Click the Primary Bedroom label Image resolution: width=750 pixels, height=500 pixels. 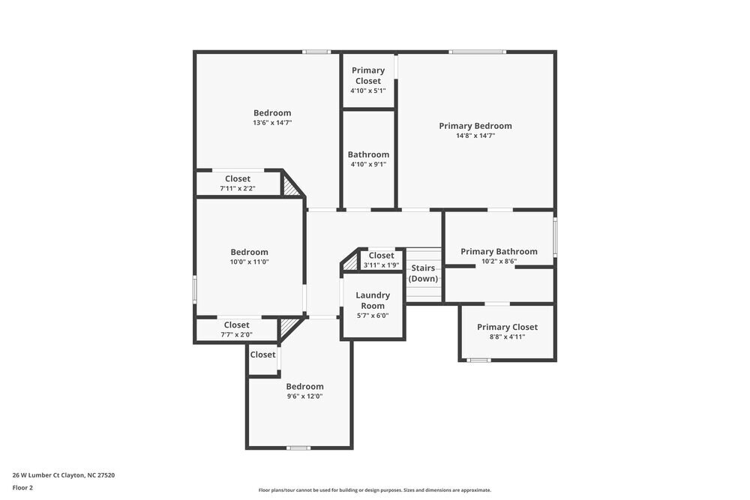pyautogui.click(x=475, y=126)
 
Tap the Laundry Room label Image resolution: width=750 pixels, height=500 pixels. pyautogui.click(x=373, y=301)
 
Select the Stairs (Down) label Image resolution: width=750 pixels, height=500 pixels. pyautogui.click(x=423, y=274)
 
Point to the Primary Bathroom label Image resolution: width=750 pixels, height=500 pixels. pyautogui.click(x=499, y=252)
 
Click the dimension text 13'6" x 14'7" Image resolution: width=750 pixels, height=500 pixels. pyautogui.click(x=272, y=122)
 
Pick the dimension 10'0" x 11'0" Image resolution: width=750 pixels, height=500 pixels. pyautogui.click(x=250, y=262)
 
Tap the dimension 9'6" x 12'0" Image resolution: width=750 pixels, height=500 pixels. pyautogui.click(x=304, y=396)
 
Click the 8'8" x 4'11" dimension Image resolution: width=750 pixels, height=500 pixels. pyautogui.click(x=507, y=337)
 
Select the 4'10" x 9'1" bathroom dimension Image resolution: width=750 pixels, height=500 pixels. pyautogui.click(x=368, y=164)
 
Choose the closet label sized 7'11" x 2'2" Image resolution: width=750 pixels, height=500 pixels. pyautogui.click(x=238, y=179)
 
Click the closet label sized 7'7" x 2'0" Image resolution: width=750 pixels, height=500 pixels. pyautogui.click(x=236, y=325)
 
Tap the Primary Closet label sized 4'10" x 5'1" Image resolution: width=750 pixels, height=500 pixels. pyautogui.click(x=368, y=76)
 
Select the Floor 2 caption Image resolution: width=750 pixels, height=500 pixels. pyautogui.click(x=22, y=487)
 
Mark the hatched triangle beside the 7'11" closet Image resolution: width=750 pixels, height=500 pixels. pyautogui.click(x=290, y=185)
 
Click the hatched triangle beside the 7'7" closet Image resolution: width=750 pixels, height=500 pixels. pyautogui.click(x=287, y=327)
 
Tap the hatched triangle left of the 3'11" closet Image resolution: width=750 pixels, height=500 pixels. pyautogui.click(x=350, y=262)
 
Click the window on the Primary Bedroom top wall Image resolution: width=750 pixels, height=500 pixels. pyautogui.click(x=477, y=52)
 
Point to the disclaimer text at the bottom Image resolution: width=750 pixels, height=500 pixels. pyautogui.click(x=375, y=490)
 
